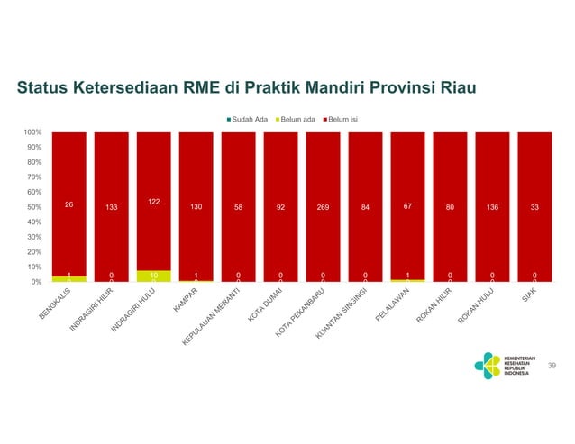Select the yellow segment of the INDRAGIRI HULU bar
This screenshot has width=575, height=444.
(153, 276)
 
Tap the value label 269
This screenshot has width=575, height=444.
(323, 207)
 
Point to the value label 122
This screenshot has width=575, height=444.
(153, 201)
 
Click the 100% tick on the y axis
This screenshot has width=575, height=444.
(32, 132)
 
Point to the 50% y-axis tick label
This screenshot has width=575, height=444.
(34, 207)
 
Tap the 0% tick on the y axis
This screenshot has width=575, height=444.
(36, 282)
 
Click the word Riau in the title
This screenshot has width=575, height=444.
(457, 88)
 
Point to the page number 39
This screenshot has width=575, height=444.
(552, 365)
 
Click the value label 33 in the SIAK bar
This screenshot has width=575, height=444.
(534, 207)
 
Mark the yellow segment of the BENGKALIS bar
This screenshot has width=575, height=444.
(68, 279)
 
